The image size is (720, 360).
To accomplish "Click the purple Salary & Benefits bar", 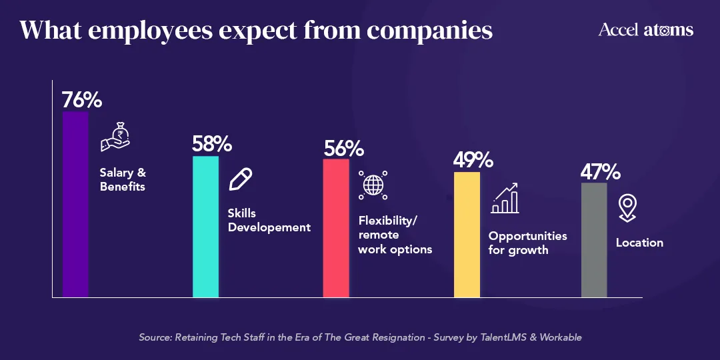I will click(75, 203).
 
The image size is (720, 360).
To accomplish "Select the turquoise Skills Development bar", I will click(205, 227).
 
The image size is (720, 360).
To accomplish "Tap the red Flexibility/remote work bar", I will click(336, 228).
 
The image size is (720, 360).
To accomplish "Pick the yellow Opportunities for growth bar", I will click(467, 234).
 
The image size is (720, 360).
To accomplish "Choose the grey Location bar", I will click(594, 239).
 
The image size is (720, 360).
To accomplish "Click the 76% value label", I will click(82, 100).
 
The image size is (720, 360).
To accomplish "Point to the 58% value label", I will click(212, 144).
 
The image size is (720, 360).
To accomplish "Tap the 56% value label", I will click(343, 147).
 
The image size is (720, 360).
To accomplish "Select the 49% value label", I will click(473, 160).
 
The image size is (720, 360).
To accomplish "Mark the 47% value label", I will click(600, 172).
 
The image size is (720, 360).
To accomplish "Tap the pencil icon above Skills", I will click(241, 179).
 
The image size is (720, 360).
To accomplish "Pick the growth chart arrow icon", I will click(505, 198).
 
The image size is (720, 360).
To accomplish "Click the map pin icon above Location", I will click(627, 208).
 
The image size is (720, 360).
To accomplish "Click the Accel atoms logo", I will click(645, 30).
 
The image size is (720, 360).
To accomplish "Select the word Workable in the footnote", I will click(559, 337).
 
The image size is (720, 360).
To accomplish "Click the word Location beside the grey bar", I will click(639, 243).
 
